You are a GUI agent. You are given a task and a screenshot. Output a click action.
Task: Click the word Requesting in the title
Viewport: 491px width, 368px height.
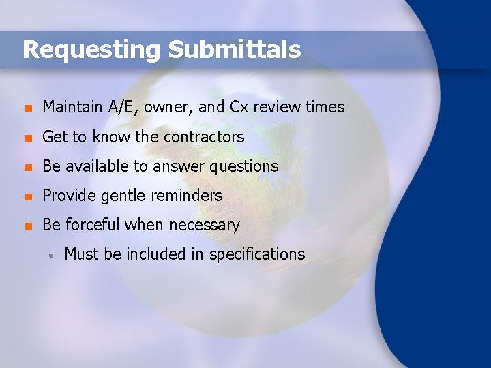tap(91, 50)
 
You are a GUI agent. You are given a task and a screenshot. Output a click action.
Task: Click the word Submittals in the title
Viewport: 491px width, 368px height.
tap(234, 49)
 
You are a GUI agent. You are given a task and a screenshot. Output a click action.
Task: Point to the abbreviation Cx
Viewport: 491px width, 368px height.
tap(239, 107)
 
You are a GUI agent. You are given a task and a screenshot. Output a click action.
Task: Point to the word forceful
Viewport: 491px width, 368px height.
tap(92, 225)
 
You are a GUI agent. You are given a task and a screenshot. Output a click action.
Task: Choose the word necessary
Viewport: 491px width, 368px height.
tap(205, 226)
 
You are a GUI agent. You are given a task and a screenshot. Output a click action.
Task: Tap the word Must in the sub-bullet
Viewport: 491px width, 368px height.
tap(82, 254)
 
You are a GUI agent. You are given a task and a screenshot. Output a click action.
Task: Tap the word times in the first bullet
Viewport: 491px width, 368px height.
tap(325, 107)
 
